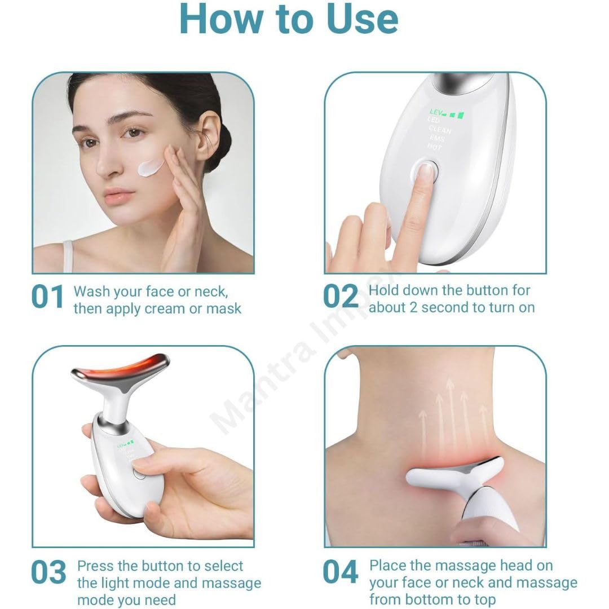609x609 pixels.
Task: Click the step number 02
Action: [x=341, y=298]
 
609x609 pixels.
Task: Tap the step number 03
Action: [x=48, y=573]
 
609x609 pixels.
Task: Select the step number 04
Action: [x=341, y=573]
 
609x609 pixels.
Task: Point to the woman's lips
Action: [x=119, y=197]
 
